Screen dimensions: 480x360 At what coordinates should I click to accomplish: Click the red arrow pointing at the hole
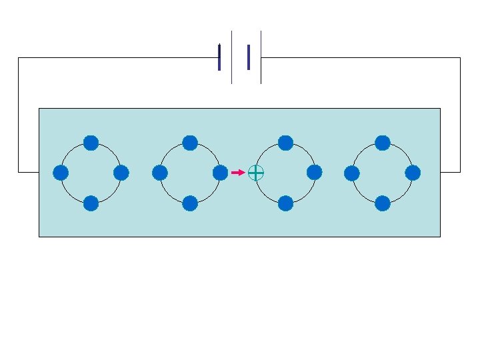(x=238, y=173)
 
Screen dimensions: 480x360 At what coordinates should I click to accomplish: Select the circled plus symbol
(x=256, y=173)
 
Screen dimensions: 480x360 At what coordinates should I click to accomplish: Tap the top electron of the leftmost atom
(x=91, y=143)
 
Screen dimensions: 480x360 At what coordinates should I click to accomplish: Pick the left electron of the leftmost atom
(x=61, y=173)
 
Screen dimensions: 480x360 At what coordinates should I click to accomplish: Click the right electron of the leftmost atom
(x=121, y=173)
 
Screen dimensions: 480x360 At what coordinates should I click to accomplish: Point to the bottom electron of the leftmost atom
(x=91, y=203)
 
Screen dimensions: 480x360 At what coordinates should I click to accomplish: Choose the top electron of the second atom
(x=190, y=143)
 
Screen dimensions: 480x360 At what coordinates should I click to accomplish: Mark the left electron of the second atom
(x=160, y=173)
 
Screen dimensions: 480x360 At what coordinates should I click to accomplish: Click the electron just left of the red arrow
(x=220, y=173)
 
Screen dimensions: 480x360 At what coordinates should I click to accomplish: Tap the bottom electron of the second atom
(x=190, y=203)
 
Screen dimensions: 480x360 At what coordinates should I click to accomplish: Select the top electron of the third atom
(x=285, y=143)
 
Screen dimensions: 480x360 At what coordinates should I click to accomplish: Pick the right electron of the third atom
(x=315, y=173)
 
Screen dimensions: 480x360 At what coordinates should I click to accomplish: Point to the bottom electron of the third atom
(x=285, y=203)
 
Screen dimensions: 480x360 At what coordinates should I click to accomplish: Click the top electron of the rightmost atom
(x=383, y=143)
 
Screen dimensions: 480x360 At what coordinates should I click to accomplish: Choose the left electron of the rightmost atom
(x=352, y=173)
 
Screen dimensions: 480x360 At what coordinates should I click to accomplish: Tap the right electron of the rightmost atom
(x=413, y=173)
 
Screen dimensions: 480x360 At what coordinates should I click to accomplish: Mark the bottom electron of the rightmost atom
(x=383, y=203)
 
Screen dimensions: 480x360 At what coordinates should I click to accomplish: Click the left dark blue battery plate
(x=219, y=57)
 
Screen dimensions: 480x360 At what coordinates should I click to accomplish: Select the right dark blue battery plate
(x=249, y=57)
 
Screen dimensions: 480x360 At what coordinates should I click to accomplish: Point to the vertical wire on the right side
(x=460, y=113)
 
